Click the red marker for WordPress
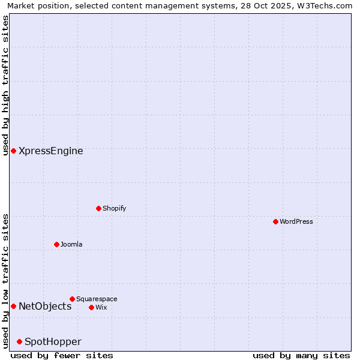[x=275, y=221]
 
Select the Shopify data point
[x=98, y=208]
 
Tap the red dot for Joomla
[x=56, y=244]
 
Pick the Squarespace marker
[x=72, y=299]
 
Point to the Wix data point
[x=91, y=307]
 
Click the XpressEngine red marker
[x=13, y=151]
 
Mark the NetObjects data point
[x=13, y=306]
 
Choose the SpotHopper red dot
[x=19, y=341]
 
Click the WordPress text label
[x=296, y=221]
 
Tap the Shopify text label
[x=114, y=208]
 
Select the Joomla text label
[x=71, y=244]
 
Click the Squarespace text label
[x=97, y=299]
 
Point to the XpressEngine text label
[x=51, y=151]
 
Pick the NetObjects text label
[x=45, y=306]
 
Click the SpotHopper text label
[x=53, y=341]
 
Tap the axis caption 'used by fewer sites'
[x=62, y=355]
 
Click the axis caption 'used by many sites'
[x=301, y=355]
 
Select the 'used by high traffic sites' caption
[x=5, y=85]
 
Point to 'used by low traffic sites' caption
[x=5, y=281]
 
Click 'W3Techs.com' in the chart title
[x=328, y=5]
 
